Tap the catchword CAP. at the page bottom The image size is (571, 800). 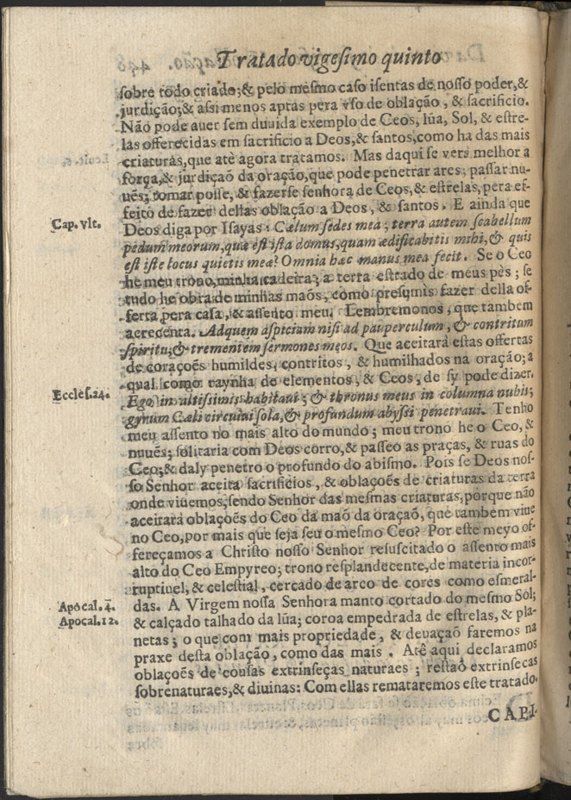pos(515,715)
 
